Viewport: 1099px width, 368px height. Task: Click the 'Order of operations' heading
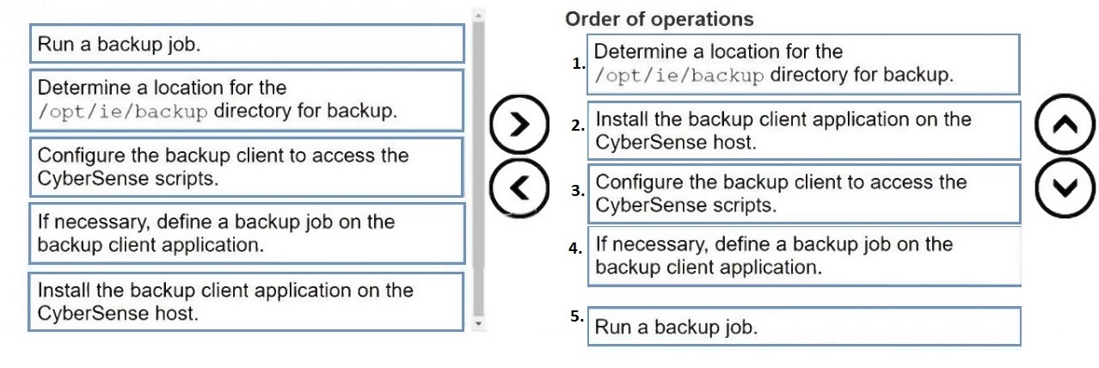(x=659, y=19)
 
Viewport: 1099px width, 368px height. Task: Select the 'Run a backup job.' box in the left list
(x=246, y=44)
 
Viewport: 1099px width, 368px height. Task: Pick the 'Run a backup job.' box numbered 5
(x=803, y=327)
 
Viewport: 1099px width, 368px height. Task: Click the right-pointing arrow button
(x=519, y=124)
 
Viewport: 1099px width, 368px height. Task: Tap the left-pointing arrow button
(x=519, y=186)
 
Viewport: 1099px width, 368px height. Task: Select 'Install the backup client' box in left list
(x=246, y=301)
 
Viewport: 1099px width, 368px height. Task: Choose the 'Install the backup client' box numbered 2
(x=803, y=131)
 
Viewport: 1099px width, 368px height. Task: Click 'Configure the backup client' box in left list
(x=246, y=167)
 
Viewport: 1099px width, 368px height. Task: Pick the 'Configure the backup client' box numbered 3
(x=803, y=193)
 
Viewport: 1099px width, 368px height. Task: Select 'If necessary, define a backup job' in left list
(x=246, y=233)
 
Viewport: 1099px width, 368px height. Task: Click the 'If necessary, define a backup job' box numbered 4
(x=803, y=255)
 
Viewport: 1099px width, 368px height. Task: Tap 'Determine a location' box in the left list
(x=246, y=99)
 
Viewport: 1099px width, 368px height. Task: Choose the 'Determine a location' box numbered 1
(x=803, y=64)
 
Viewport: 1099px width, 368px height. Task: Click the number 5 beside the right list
(x=576, y=316)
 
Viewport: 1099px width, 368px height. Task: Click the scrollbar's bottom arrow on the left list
(x=479, y=324)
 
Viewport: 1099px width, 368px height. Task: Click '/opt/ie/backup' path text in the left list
(x=122, y=112)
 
